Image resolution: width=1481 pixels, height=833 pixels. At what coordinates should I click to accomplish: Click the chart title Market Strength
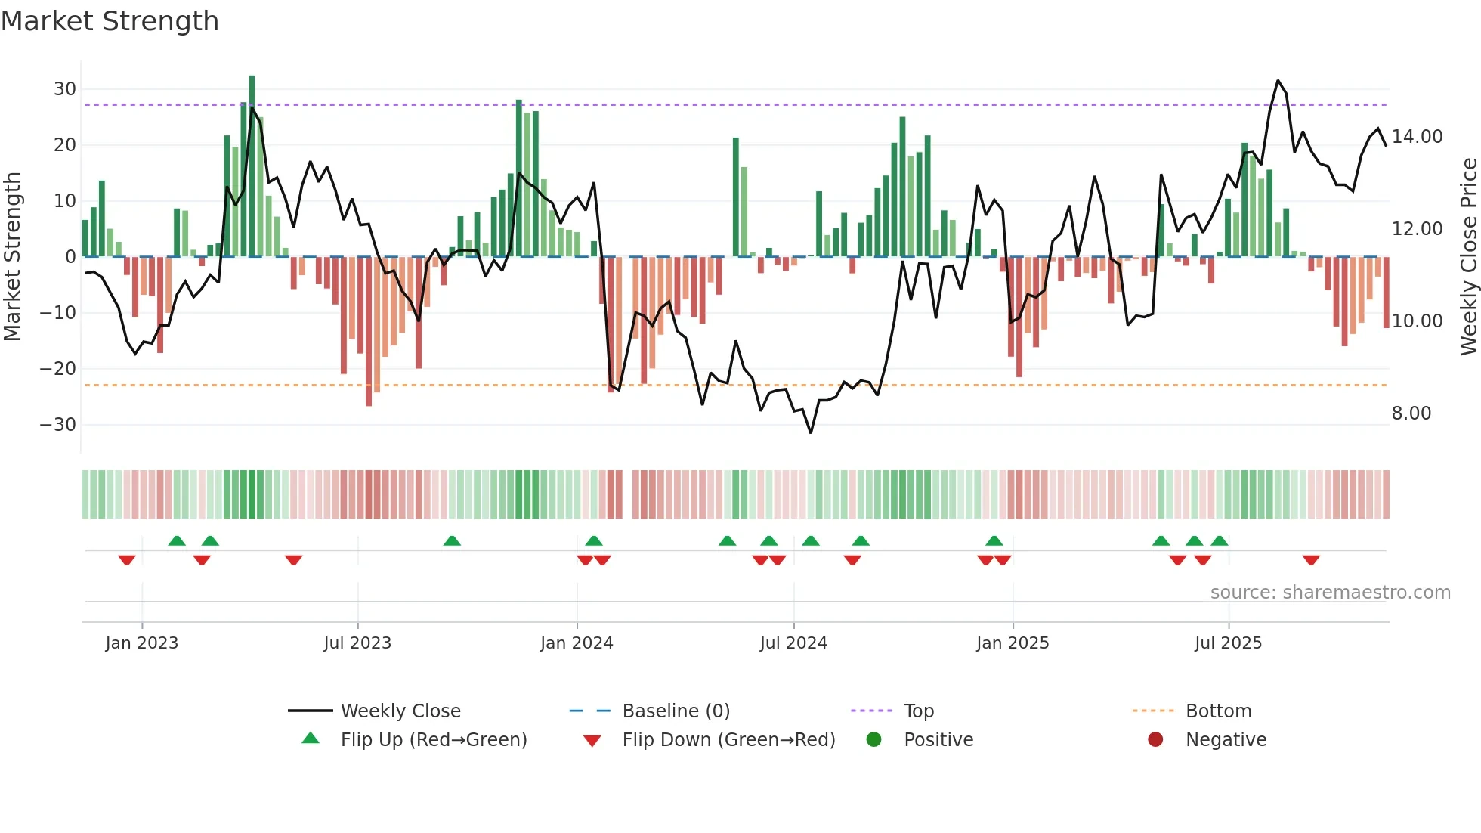110,21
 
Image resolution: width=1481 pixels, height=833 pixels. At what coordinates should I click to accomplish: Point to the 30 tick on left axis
65,89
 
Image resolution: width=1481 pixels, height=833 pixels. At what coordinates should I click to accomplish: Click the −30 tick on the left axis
58,425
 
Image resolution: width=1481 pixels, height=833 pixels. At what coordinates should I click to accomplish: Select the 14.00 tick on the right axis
1417,137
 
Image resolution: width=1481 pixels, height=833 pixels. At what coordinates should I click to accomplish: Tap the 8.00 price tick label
1411,413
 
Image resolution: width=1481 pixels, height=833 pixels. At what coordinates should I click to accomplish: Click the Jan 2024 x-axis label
577,643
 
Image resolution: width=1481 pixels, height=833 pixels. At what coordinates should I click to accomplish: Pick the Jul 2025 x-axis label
1228,643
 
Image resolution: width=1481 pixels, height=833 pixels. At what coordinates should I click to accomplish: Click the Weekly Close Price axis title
1468,256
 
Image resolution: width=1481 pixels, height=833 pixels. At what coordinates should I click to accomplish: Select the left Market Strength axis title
12,256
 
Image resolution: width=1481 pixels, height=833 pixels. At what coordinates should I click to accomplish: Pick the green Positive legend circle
873,740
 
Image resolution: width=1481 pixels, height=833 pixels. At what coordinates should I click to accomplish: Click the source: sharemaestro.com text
1330,593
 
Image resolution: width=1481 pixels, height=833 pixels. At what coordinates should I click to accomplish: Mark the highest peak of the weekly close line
1278,81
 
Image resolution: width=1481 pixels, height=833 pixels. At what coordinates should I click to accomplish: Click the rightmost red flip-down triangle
1311,560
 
